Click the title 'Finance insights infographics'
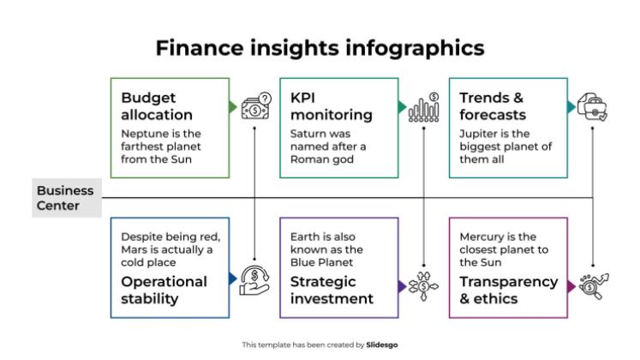point(320,46)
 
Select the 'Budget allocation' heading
point(157,106)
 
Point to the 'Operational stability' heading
point(164,290)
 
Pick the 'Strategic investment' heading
point(332,290)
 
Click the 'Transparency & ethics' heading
point(508,290)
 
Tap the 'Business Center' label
point(65,198)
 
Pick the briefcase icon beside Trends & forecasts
point(593,108)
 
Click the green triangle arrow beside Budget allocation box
point(233,108)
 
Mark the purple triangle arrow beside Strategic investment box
point(402,285)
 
